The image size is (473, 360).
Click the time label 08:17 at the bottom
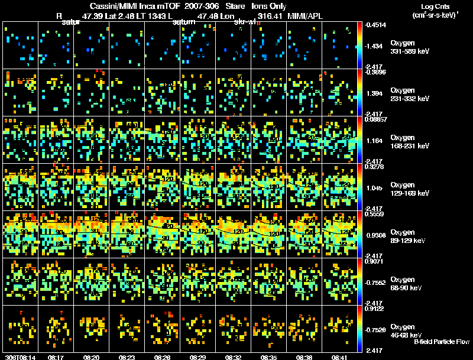coord(57,357)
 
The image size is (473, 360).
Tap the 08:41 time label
coord(339,357)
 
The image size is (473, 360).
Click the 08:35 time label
coord(268,357)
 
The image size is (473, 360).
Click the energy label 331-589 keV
coord(409,52)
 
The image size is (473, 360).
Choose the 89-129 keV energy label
coord(409,241)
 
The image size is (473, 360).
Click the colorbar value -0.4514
coord(375,25)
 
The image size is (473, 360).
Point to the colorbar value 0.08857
coord(375,119)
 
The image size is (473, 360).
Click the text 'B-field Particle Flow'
coord(441,342)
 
